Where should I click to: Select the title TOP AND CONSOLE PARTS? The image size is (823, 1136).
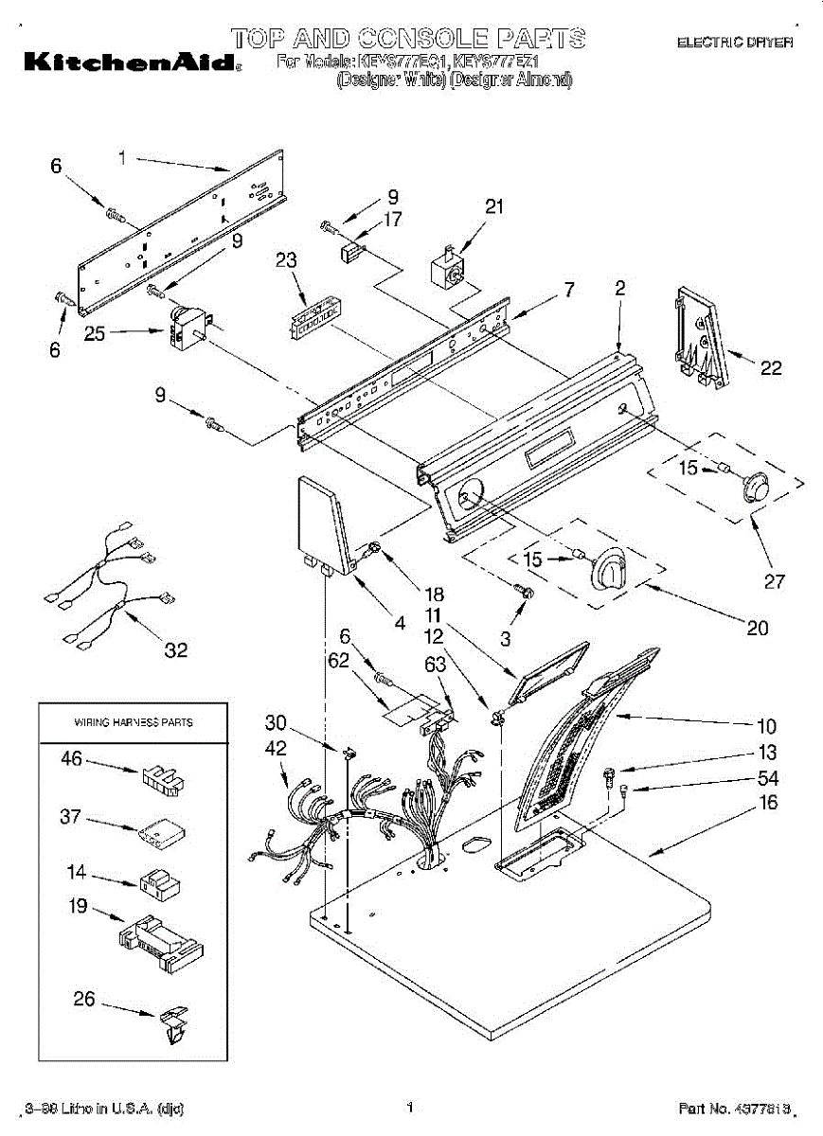pyautogui.click(x=408, y=39)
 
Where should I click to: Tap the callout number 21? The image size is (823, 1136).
pyautogui.click(x=494, y=207)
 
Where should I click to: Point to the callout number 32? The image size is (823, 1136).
pyautogui.click(x=175, y=650)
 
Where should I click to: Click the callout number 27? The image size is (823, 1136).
pyautogui.click(x=775, y=581)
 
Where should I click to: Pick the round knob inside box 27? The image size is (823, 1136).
pyautogui.click(x=755, y=486)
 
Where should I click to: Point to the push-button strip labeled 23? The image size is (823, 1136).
pyautogui.click(x=313, y=317)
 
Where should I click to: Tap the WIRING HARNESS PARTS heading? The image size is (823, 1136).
pyautogui.click(x=134, y=722)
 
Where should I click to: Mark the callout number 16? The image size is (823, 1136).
pyautogui.click(x=768, y=804)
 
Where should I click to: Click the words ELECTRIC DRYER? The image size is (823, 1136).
pyautogui.click(x=734, y=43)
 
